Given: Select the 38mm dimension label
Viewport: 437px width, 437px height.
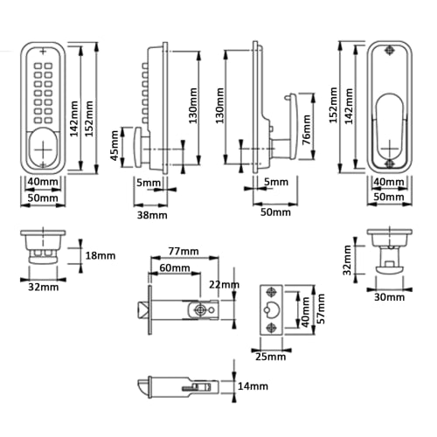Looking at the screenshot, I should point(152,215).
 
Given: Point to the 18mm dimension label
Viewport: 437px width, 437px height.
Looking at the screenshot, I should point(101,255).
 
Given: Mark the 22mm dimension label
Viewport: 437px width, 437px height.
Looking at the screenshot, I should point(224,285).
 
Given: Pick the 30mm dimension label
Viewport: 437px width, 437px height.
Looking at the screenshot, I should point(390,297).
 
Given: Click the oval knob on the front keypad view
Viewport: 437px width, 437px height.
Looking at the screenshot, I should point(43,148).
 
